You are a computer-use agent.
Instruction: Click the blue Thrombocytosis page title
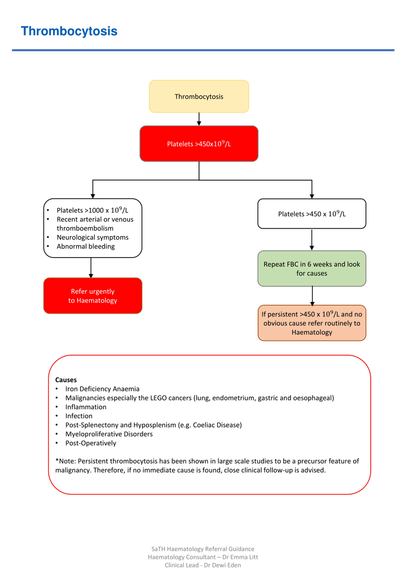(69, 31)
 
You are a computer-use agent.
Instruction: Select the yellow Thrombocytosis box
(199, 97)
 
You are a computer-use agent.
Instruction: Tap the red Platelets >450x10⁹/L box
(199, 144)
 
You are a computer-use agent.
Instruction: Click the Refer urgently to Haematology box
(93, 296)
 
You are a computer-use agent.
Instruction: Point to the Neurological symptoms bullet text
(93, 237)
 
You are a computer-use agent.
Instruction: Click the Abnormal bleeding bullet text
(86, 246)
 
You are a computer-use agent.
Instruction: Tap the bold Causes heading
(66, 380)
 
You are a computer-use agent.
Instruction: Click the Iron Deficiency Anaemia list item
(102, 389)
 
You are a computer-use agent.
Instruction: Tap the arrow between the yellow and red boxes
(199, 119)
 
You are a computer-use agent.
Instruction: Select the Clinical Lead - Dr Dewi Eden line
(203, 565)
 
